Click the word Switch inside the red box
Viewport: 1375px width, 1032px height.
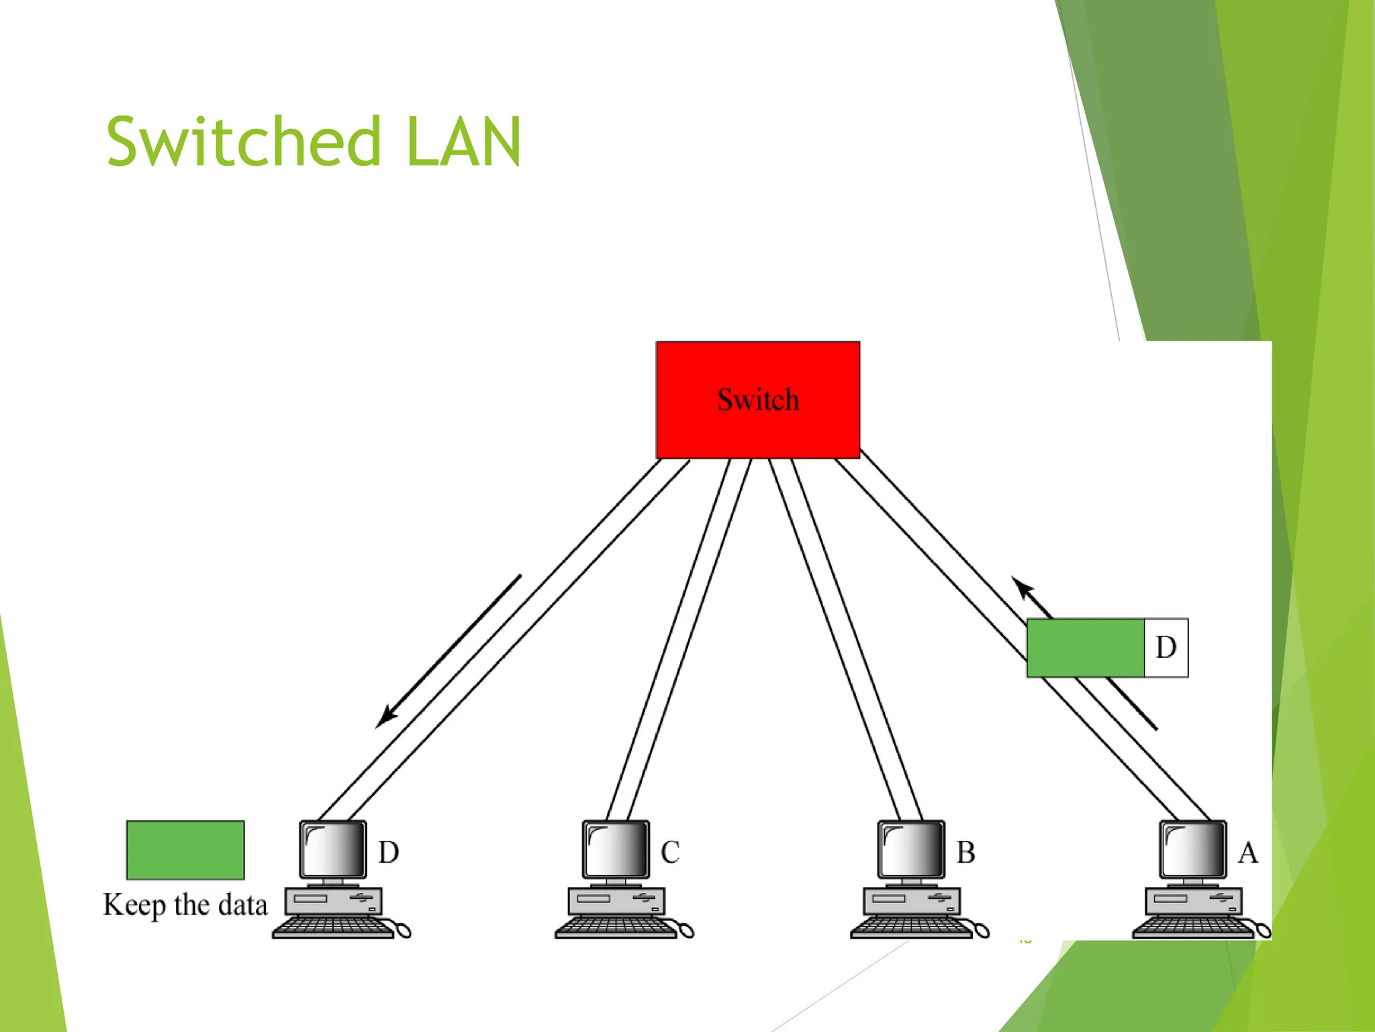[758, 400]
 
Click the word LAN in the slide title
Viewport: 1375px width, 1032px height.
[463, 142]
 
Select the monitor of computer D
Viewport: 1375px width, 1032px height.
[333, 850]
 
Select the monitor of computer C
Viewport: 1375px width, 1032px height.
[616, 850]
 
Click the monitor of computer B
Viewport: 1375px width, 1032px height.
[911, 850]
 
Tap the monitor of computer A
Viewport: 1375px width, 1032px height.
[1193, 850]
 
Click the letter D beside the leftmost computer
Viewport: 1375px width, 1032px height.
[389, 853]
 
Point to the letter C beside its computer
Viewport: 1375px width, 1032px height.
[670, 853]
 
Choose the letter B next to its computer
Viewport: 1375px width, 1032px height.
[965, 853]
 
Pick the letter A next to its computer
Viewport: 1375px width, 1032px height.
[1248, 853]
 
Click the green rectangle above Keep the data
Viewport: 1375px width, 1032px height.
[185, 850]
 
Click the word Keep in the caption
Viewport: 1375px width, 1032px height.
[134, 905]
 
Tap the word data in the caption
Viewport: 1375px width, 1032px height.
[242, 905]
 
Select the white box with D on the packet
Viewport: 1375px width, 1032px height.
[1166, 648]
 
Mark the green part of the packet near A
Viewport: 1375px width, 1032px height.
[1086, 648]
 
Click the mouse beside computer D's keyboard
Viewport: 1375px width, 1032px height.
[403, 931]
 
